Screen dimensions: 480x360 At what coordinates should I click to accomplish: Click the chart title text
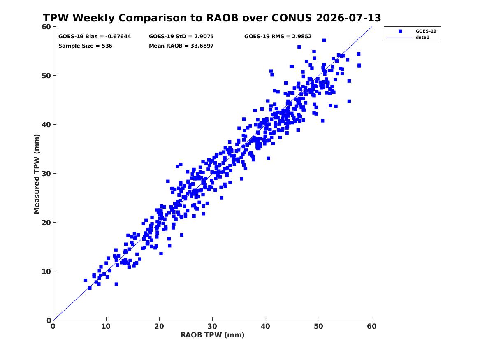[x=212, y=18]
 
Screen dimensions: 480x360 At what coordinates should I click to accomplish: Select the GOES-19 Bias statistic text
[x=95, y=37]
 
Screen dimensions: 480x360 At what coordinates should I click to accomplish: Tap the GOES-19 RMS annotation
[x=278, y=37]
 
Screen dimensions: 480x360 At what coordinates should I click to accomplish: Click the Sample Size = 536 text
[x=85, y=46]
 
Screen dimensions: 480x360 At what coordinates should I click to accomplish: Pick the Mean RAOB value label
[x=181, y=46]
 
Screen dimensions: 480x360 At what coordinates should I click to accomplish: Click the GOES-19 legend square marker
[x=400, y=31]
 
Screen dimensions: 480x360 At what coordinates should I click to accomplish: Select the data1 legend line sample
[x=400, y=37]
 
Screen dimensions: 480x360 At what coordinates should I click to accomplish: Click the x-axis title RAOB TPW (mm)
[x=213, y=335]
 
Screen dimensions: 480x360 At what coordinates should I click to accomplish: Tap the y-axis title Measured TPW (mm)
[x=37, y=174]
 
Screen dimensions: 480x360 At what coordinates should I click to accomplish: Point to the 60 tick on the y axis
[x=46, y=27]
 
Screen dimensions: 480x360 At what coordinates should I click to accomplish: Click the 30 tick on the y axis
[x=46, y=174]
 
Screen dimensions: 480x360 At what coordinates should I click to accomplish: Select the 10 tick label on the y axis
[x=46, y=272]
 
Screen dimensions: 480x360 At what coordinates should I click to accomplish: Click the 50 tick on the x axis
[x=319, y=326]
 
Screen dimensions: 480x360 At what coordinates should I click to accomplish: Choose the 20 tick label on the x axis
[x=159, y=326]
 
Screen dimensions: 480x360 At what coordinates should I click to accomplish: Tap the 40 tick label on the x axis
[x=265, y=326]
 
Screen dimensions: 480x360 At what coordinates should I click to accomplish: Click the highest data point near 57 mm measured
[x=324, y=40]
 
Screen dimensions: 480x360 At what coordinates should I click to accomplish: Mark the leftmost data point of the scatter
[x=86, y=281]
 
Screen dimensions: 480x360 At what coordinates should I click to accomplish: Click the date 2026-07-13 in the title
[x=348, y=18]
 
